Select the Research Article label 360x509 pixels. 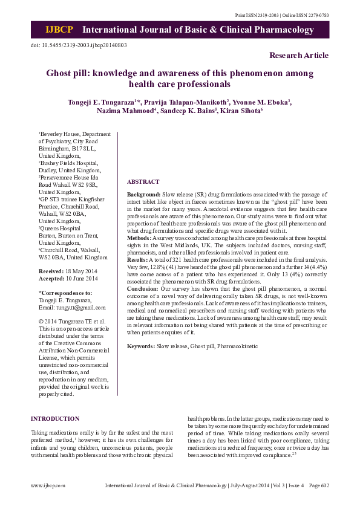[299, 56]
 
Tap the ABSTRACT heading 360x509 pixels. [143, 181]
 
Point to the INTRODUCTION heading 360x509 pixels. [55, 418]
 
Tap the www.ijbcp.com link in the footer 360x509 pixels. [48, 485]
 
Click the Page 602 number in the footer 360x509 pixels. [318, 485]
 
